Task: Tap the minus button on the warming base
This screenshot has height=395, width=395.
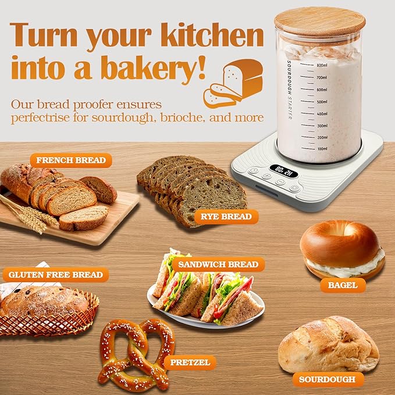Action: (x=280, y=182)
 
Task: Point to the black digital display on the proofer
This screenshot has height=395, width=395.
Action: (x=283, y=171)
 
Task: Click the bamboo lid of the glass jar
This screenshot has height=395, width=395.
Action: (x=320, y=23)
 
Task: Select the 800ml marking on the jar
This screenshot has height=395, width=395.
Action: (x=322, y=65)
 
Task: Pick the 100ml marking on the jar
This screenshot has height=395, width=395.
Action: (x=322, y=148)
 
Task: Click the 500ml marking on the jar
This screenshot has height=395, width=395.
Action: (x=322, y=102)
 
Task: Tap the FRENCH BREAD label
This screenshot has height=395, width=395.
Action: (x=71, y=160)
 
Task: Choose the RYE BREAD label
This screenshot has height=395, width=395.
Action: (x=226, y=216)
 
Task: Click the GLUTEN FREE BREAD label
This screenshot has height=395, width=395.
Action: (x=56, y=275)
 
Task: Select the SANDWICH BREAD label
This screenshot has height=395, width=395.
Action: (x=218, y=264)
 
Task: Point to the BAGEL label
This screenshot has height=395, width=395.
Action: (x=343, y=285)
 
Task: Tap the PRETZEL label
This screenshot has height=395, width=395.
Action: (x=190, y=362)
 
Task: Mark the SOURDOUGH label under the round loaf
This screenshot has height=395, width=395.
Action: (x=328, y=379)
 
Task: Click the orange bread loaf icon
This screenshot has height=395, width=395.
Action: (x=233, y=84)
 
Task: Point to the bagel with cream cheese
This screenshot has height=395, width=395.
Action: (x=342, y=250)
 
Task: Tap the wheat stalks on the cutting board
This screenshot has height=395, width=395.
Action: (x=28, y=214)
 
